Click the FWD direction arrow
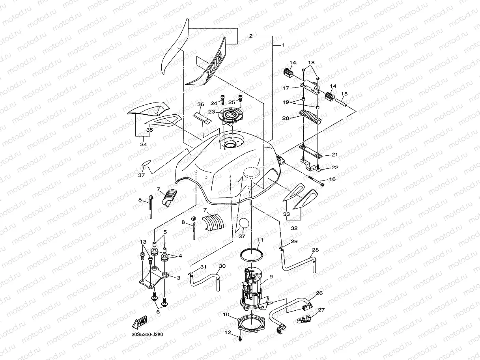[141, 323]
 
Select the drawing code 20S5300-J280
[148, 334]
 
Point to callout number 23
[212, 112]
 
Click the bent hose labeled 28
[300, 265]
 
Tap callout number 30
[222, 266]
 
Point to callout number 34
[144, 145]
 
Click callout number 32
[294, 228]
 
